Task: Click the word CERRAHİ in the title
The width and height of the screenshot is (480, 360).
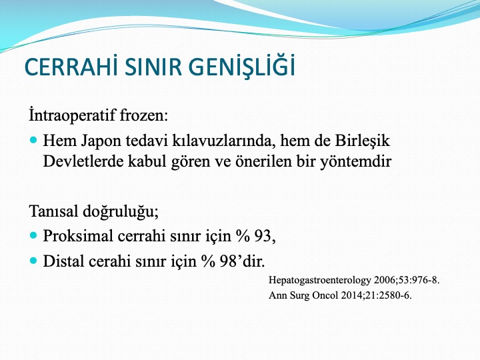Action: coord(71,67)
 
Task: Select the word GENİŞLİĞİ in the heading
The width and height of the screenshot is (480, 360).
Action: coord(242,65)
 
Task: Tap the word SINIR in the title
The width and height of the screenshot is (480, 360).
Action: coord(153,67)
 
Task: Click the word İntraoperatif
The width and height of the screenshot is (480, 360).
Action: coord(72,115)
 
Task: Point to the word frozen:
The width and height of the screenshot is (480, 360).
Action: coord(144,115)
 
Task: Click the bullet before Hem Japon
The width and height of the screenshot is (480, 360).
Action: coord(34,140)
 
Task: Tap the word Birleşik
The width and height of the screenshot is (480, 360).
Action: coord(363,141)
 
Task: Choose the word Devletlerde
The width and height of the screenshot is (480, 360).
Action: coord(83,161)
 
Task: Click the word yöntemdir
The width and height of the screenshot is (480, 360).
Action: coord(356,161)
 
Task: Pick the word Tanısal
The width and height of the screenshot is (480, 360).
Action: coord(54,211)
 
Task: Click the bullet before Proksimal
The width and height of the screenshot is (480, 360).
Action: coord(34,235)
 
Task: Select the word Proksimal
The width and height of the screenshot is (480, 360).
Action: coord(78,236)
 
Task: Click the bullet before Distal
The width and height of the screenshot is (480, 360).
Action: coord(34,261)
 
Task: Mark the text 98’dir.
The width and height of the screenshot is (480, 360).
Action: coord(243,261)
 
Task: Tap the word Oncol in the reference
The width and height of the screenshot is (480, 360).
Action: coord(325,295)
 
